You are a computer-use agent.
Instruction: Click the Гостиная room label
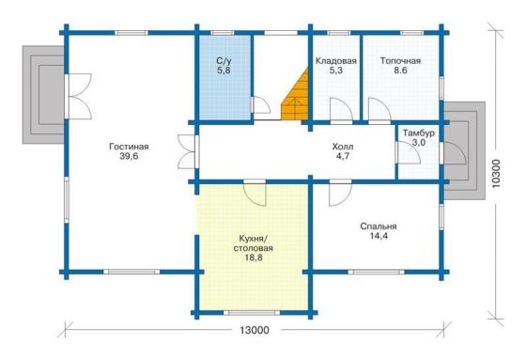pyautogui.click(x=129, y=147)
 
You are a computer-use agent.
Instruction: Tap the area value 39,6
pyautogui.click(x=129, y=156)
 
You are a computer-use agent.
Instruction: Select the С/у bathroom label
pyautogui.click(x=224, y=61)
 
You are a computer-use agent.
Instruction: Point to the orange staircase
pyautogui.click(x=295, y=94)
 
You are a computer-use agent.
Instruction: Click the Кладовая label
pyautogui.click(x=336, y=61)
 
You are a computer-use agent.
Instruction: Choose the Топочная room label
pyautogui.click(x=400, y=61)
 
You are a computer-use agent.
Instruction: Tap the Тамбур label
pyautogui.click(x=419, y=133)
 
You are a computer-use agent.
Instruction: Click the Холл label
pyautogui.click(x=343, y=147)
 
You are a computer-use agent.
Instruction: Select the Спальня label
pyautogui.click(x=379, y=227)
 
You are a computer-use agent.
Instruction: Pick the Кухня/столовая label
pyautogui.click(x=254, y=243)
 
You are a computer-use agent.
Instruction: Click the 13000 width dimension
pyautogui.click(x=255, y=331)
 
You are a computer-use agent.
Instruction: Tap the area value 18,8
pyautogui.click(x=254, y=258)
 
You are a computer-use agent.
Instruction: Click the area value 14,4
pyautogui.click(x=379, y=236)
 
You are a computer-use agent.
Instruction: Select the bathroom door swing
pyautogui.click(x=261, y=105)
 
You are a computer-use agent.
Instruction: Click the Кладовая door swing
pyautogui.click(x=341, y=109)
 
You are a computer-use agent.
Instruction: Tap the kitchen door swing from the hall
pyautogui.click(x=255, y=195)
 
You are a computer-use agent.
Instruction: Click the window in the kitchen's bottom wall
pyautogui.click(x=252, y=313)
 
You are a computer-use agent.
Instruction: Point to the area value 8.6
pyautogui.click(x=400, y=70)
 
